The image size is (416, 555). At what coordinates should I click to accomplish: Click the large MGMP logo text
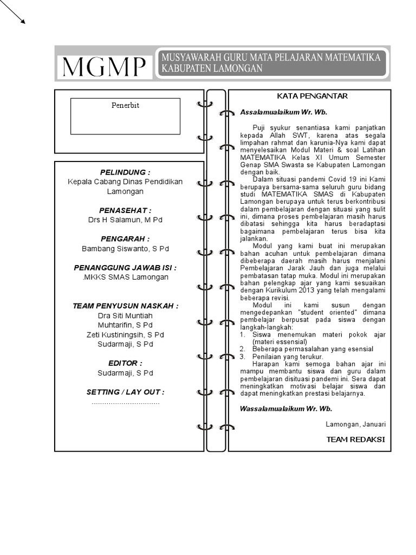[103, 67]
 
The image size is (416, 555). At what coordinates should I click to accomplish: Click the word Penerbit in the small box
[125, 105]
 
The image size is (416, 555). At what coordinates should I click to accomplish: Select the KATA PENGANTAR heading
[312, 96]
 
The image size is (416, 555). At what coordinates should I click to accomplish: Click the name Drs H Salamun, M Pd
[125, 220]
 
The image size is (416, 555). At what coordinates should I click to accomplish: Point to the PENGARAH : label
[125, 238]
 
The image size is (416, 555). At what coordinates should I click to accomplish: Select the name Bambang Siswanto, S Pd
[125, 249]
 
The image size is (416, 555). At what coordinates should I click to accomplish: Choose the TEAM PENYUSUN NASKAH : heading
[125, 306]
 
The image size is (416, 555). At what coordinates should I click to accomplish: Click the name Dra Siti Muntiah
[125, 315]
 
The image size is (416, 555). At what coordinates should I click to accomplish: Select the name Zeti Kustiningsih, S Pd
[125, 334]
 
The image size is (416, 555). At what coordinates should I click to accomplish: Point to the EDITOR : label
[125, 363]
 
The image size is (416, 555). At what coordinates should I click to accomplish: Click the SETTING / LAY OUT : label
[125, 392]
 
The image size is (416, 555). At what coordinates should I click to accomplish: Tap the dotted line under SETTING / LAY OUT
[125, 403]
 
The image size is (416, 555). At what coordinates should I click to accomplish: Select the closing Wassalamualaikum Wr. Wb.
[286, 409]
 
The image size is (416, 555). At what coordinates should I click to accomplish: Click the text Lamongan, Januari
[355, 424]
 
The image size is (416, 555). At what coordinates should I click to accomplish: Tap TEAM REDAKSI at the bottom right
[355, 439]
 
